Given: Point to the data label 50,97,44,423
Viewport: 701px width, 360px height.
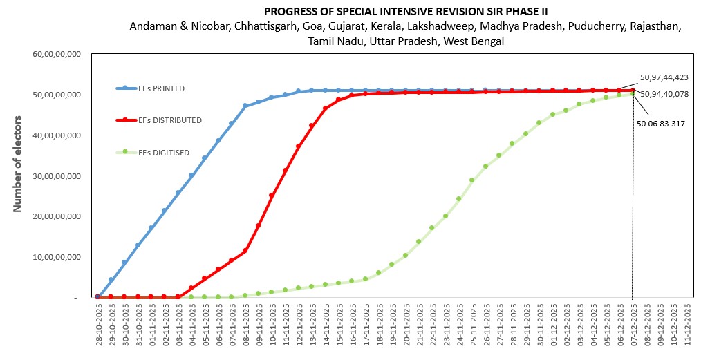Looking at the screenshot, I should [664, 77].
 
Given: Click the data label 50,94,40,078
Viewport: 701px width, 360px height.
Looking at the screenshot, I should [664, 94].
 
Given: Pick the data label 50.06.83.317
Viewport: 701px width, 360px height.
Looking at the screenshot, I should [661, 124].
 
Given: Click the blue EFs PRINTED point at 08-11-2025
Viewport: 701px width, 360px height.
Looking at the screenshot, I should [245, 106].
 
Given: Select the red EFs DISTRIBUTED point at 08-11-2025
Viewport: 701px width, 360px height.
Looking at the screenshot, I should [245, 250].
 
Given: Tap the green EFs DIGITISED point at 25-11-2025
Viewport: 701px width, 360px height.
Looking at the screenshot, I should [472, 180].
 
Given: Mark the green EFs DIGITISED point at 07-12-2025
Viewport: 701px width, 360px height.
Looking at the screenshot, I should [633, 93].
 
